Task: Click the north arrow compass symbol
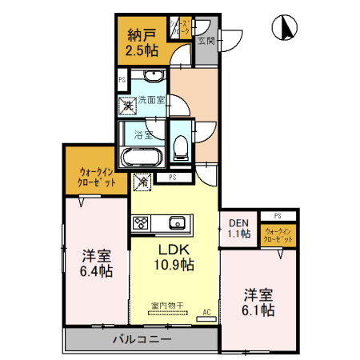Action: (x=283, y=29)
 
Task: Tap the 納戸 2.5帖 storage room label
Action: (x=141, y=43)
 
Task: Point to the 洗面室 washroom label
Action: (x=151, y=100)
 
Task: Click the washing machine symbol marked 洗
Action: (x=127, y=104)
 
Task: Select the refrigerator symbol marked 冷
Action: (x=142, y=182)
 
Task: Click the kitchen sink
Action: (x=176, y=222)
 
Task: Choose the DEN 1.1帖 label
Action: (x=239, y=229)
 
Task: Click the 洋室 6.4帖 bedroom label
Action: (x=96, y=264)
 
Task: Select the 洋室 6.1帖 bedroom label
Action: (x=259, y=302)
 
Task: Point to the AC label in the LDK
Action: (x=206, y=311)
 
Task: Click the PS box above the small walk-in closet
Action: (x=278, y=216)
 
